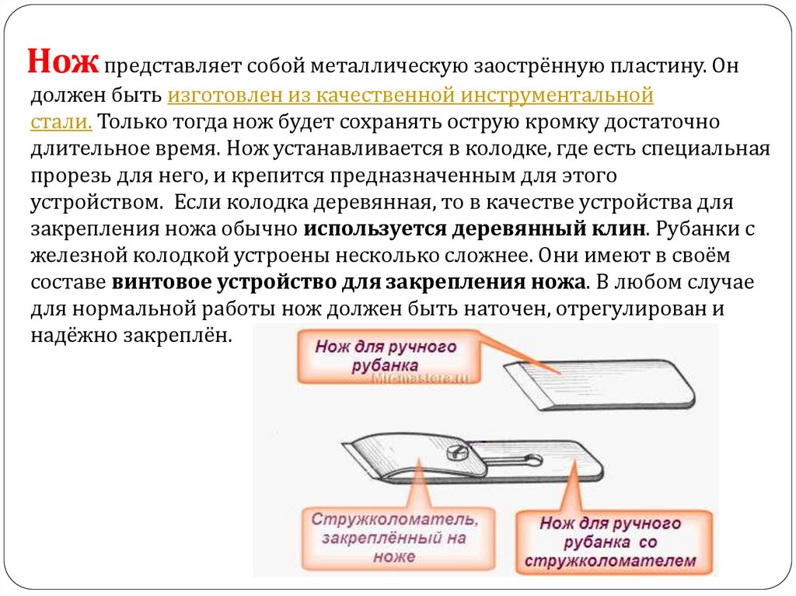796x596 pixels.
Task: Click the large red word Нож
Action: click(x=63, y=61)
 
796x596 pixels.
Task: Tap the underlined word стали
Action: click(x=62, y=122)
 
